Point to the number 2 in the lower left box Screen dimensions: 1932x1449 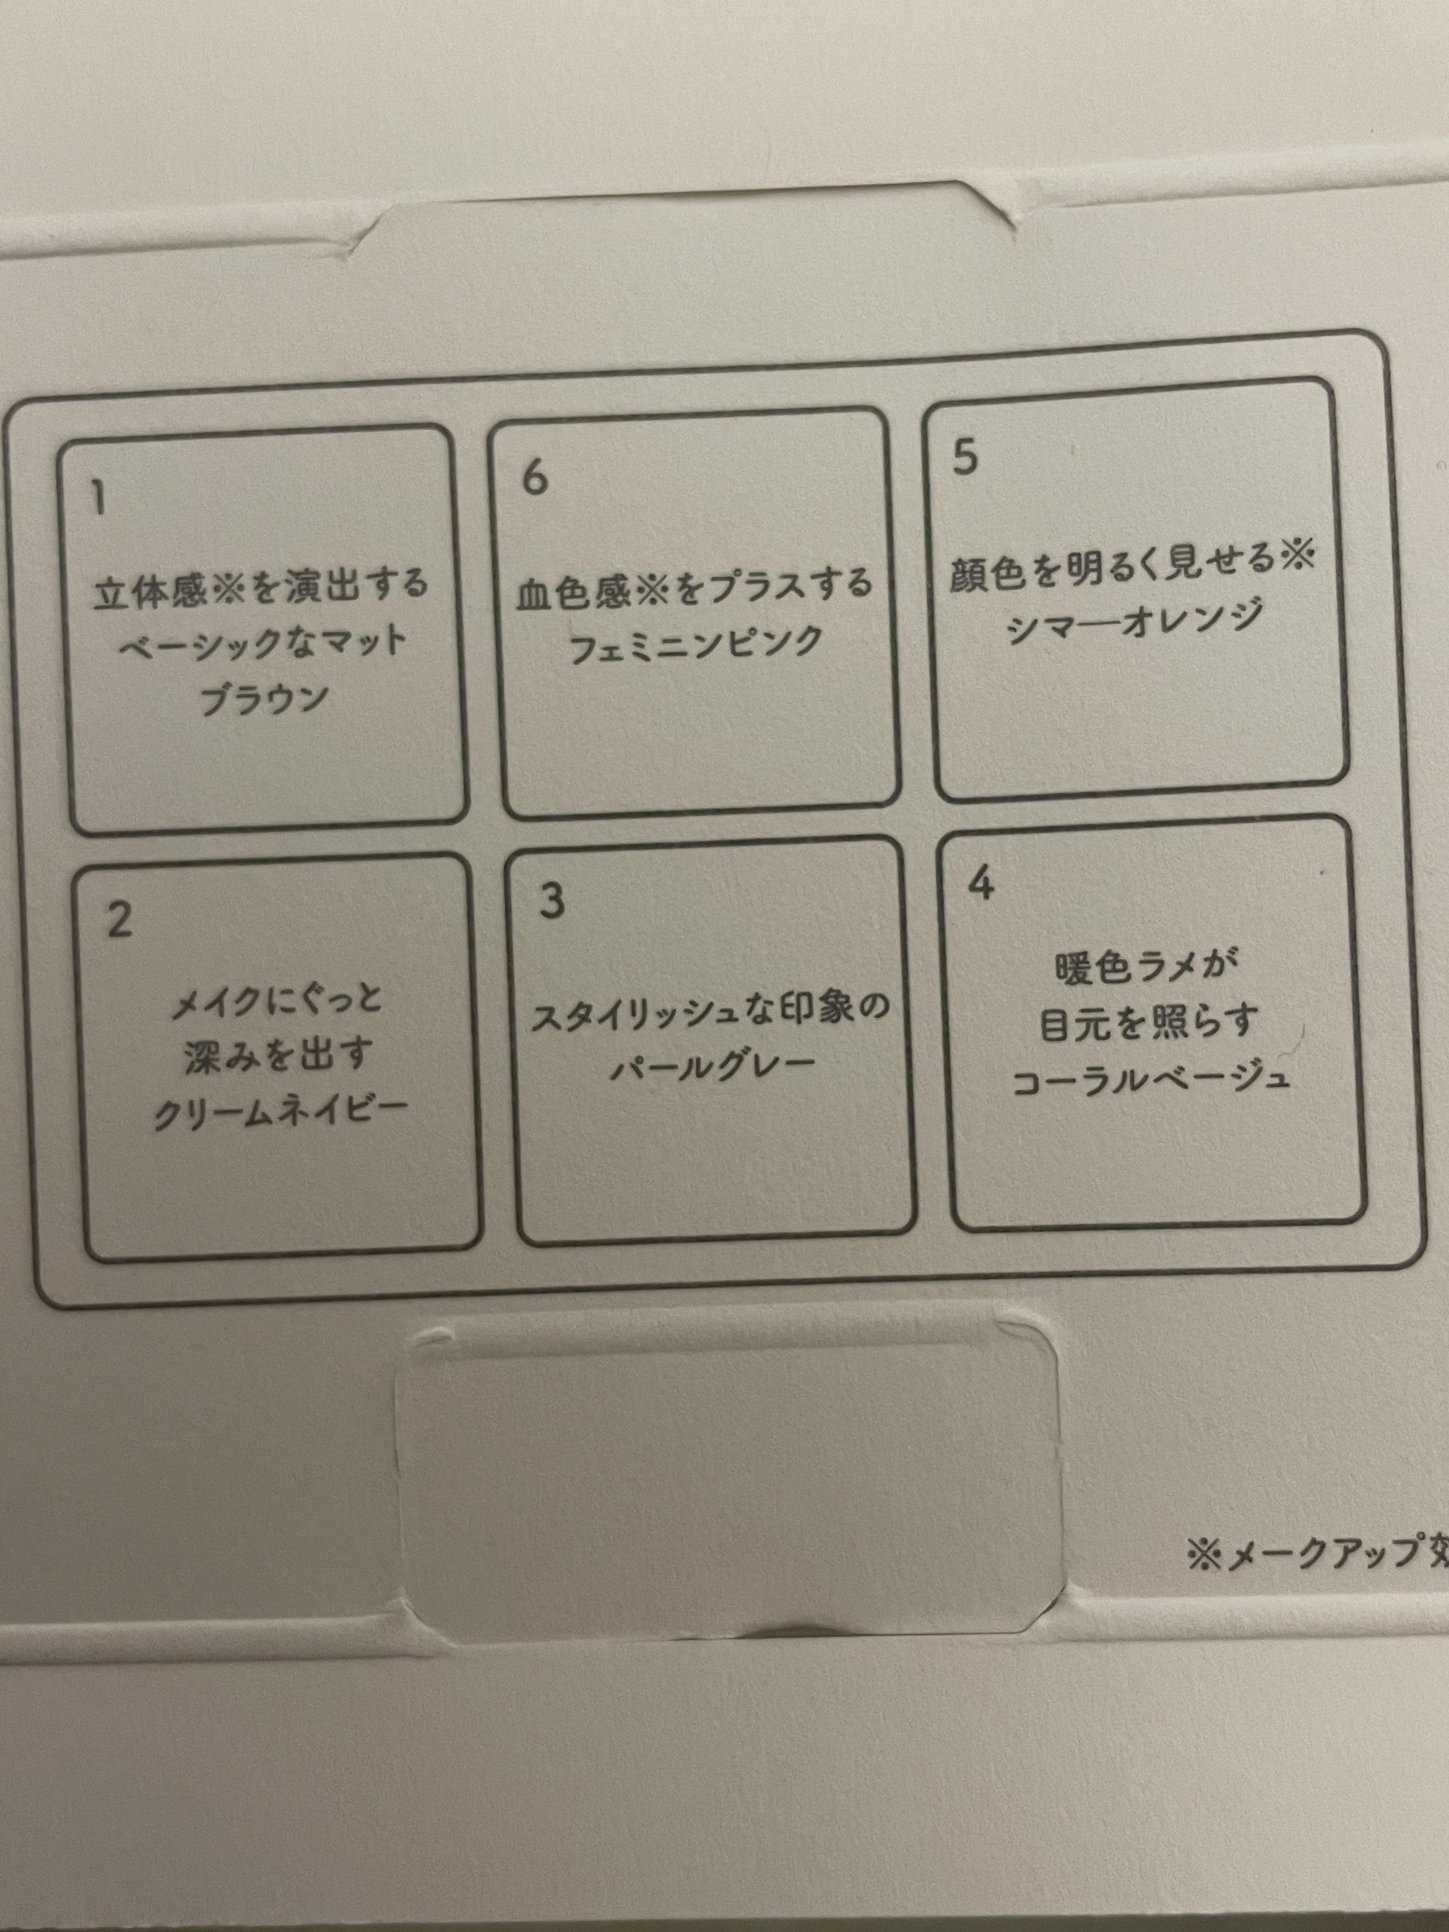click(120, 920)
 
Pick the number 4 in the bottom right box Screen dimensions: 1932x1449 click(982, 884)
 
